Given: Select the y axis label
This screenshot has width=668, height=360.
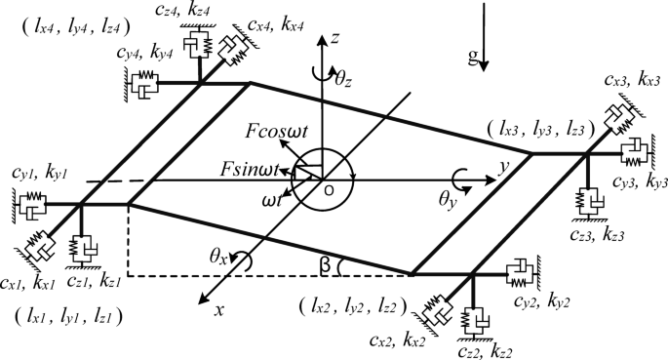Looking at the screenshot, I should [503, 168].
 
